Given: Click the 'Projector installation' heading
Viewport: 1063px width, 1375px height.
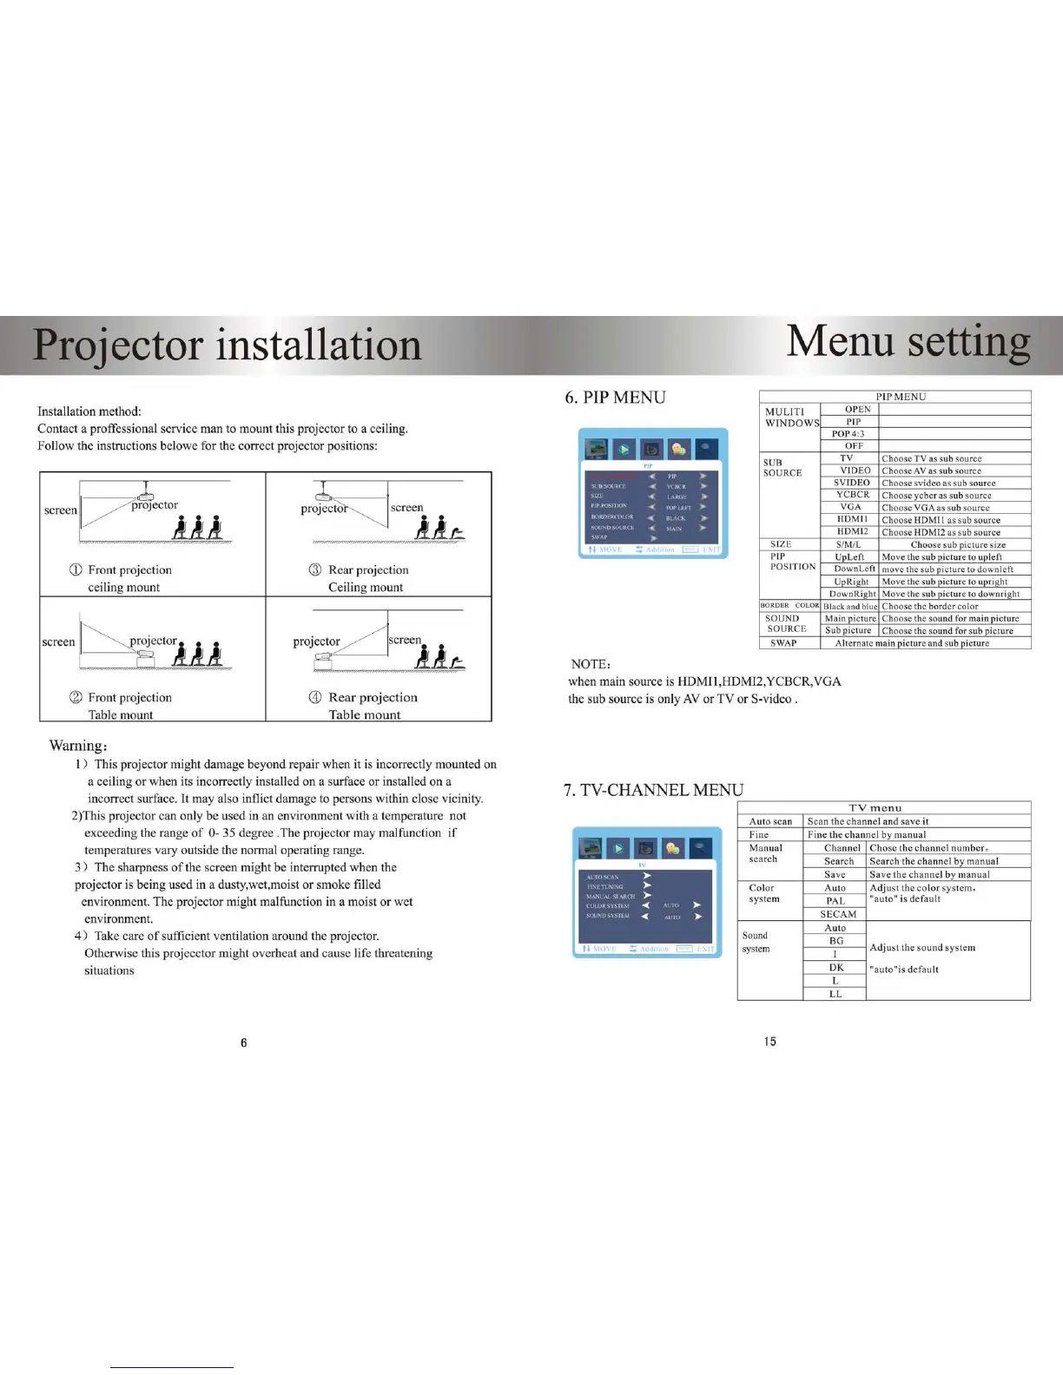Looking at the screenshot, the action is pyautogui.click(x=227, y=345).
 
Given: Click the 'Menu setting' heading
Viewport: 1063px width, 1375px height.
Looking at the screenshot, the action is pyautogui.click(x=908, y=340).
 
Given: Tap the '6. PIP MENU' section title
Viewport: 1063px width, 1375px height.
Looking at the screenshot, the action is pyautogui.click(x=615, y=398).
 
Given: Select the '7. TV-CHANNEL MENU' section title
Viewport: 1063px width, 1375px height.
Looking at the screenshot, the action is pyautogui.click(x=653, y=790).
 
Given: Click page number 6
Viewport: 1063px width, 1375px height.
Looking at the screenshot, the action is pyautogui.click(x=244, y=1043).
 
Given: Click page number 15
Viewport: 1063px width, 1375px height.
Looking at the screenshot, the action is pyautogui.click(x=770, y=1042).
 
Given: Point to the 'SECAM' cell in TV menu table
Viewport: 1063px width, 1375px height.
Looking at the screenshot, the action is pyautogui.click(x=837, y=914).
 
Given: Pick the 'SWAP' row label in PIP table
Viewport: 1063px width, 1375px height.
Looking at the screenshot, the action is pyautogui.click(x=783, y=643).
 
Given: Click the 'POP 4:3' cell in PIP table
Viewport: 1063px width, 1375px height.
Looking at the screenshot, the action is pyautogui.click(x=848, y=434).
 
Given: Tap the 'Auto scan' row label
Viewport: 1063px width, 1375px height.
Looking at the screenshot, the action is pyautogui.click(x=770, y=821).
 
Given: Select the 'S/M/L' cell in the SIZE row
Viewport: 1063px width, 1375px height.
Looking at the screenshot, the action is pyautogui.click(x=848, y=544).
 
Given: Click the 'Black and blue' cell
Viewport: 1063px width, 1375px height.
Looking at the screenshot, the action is pyautogui.click(x=850, y=607).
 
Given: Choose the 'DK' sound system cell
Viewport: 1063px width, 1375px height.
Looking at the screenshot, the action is pyautogui.click(x=835, y=967).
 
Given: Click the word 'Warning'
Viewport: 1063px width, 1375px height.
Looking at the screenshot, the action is pyautogui.click(x=76, y=746).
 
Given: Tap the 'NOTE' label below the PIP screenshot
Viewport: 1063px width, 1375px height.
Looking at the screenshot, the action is pyautogui.click(x=590, y=664).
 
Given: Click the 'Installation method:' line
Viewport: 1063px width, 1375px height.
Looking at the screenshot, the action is pyautogui.click(x=89, y=411).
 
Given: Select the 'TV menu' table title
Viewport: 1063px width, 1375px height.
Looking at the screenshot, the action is pyautogui.click(x=875, y=808).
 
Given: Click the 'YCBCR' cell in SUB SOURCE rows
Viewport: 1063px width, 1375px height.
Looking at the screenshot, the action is pyautogui.click(x=852, y=495).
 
